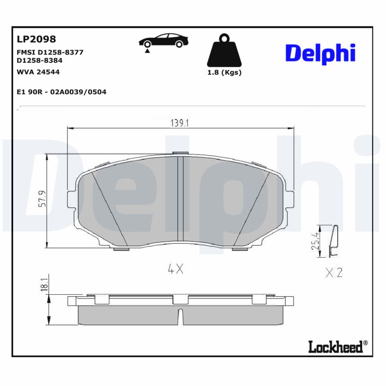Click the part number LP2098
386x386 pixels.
36,39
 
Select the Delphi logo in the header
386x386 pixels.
320,54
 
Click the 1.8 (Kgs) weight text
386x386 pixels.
224,72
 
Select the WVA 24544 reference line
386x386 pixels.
38,72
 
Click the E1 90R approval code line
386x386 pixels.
61,91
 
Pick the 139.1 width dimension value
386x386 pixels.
179,123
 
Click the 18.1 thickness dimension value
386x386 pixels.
45,285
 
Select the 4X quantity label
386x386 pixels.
176,270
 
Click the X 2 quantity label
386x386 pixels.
334,273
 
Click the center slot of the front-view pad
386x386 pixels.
179,198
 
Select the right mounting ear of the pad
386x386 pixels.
289,198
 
